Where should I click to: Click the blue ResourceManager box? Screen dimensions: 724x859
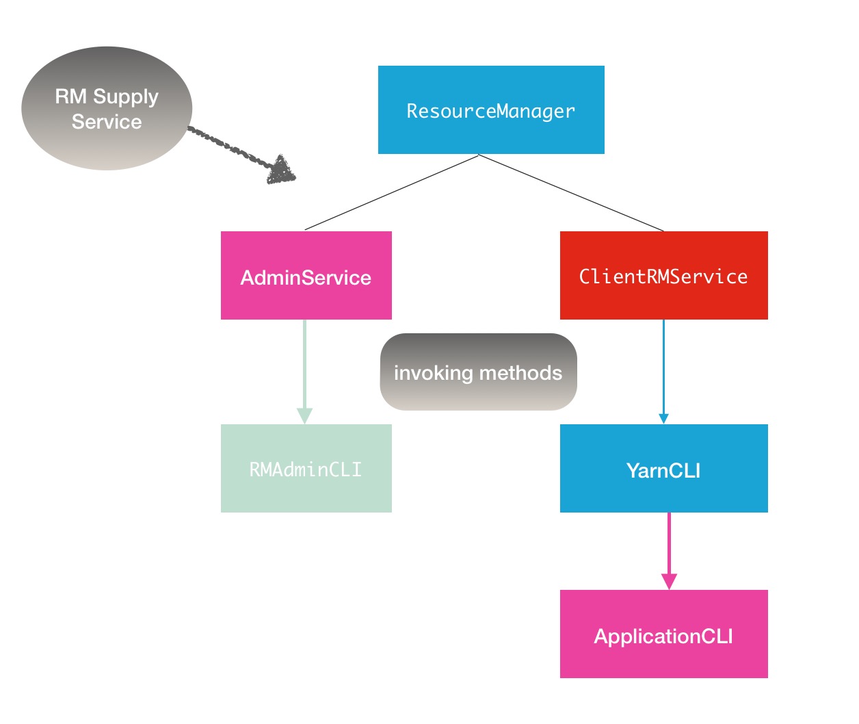tap(491, 110)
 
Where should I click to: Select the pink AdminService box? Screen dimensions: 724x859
tap(306, 275)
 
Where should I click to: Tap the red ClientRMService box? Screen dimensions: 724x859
tap(663, 275)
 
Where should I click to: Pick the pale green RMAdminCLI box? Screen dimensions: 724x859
tap(306, 468)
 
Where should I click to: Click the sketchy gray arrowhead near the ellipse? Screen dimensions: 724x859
tap(281, 170)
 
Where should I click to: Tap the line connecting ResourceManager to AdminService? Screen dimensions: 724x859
tap(391, 192)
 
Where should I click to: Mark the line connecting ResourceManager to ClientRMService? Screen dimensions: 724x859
tap(571, 193)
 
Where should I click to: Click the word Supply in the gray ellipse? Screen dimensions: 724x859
tap(126, 97)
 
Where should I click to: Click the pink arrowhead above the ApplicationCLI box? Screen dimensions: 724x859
tap(669, 581)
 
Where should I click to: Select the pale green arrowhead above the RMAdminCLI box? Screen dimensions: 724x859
tap(304, 415)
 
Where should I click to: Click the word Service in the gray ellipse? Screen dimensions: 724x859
tap(107, 122)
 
